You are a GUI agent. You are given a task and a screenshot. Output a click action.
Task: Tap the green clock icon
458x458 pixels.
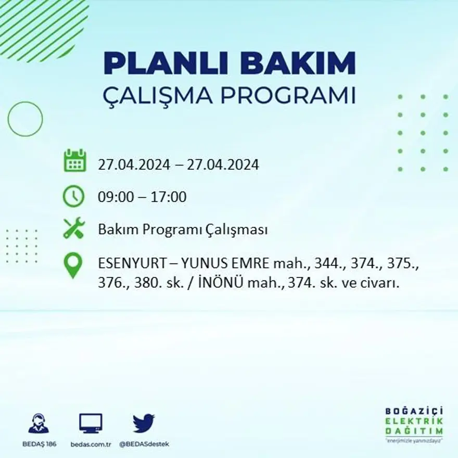73,196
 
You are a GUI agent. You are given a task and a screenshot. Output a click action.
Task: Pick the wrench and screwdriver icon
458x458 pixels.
74,228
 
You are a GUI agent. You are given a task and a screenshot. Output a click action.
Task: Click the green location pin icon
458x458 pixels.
73,264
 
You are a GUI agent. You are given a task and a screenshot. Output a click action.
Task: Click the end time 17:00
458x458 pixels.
169,197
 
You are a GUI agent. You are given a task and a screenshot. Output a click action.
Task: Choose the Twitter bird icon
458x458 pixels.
144,423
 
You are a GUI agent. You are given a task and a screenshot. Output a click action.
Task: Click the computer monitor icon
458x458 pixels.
91,423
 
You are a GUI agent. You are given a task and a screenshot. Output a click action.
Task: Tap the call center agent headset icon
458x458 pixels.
39,423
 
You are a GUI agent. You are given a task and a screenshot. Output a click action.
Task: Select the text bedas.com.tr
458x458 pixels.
92,444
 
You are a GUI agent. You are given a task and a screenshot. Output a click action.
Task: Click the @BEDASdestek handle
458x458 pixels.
144,444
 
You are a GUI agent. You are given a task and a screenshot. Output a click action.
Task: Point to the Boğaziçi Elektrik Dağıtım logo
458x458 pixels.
414,423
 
